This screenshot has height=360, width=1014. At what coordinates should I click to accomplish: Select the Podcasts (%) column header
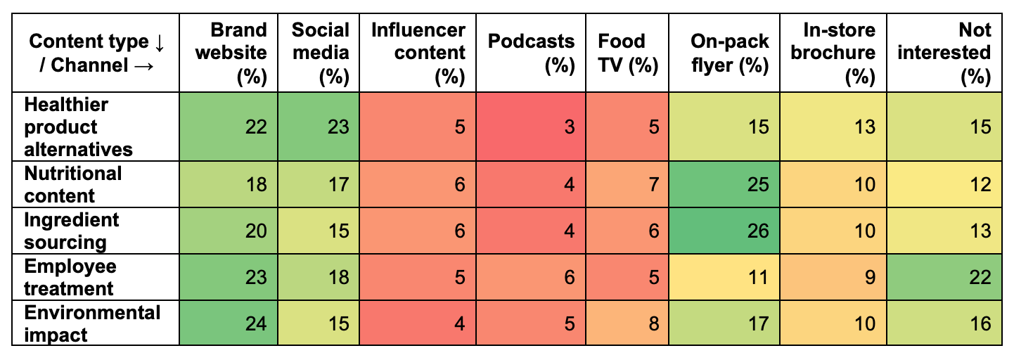[x=531, y=53]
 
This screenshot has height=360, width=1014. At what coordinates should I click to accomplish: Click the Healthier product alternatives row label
[x=78, y=127]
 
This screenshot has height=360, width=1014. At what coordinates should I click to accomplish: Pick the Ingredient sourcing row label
[x=71, y=231]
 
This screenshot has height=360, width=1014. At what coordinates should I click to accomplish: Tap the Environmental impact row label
[x=92, y=323]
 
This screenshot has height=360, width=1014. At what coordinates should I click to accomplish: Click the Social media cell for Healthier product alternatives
[x=320, y=127]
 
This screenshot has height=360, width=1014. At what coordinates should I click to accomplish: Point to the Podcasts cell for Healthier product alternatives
[x=530, y=127]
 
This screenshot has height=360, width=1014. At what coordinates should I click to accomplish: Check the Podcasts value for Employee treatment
[x=530, y=277]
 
